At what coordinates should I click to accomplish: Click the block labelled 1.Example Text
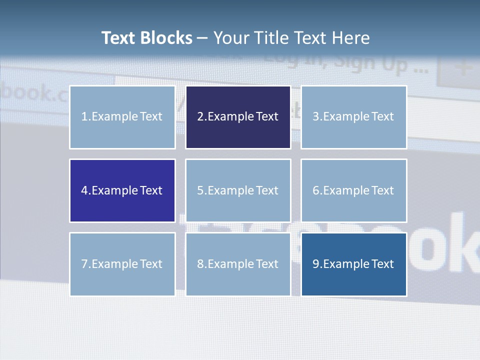tap(122, 117)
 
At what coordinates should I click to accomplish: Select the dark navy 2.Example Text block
tap(238, 117)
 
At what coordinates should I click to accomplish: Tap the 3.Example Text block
tap(353, 117)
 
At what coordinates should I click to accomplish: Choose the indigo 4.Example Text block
tap(122, 190)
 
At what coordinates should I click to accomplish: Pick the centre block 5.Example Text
tap(238, 190)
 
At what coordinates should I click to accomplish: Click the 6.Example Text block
tap(353, 190)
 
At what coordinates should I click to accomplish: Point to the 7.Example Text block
tap(122, 264)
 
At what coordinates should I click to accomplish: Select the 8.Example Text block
tap(238, 264)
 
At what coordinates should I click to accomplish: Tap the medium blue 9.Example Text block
tap(353, 264)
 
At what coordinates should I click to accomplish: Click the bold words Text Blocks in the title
tap(147, 38)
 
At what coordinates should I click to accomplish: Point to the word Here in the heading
tap(351, 38)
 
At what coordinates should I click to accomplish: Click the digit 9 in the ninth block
tap(316, 264)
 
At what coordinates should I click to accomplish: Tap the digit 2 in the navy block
tap(200, 117)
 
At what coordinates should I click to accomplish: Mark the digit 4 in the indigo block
tap(84, 190)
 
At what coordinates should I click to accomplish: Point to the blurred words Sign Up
tap(372, 62)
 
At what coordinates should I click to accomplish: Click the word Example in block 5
tap(230, 190)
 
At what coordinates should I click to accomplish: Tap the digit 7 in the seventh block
tap(84, 264)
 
